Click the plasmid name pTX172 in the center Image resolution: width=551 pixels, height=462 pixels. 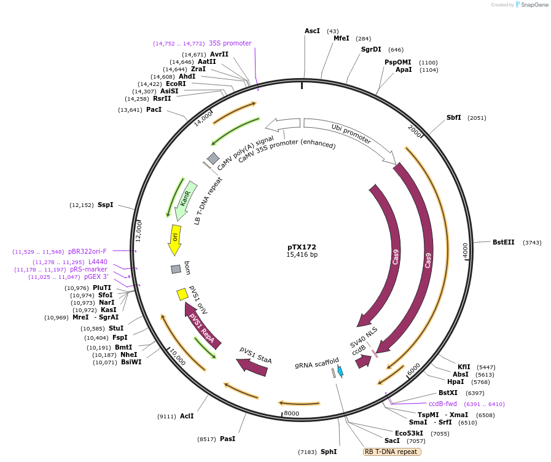pyautogui.click(x=302, y=247)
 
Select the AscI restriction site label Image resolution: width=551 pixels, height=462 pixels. pyautogui.click(x=312, y=31)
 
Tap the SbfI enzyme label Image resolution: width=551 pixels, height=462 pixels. pyautogui.click(x=454, y=117)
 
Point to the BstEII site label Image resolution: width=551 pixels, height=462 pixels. pyautogui.click(x=504, y=242)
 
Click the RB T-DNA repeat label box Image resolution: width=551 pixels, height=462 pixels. pyautogui.click(x=392, y=452)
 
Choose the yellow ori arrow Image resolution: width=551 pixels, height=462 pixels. pyautogui.click(x=174, y=240)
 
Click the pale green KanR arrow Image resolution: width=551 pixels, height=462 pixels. pyautogui.click(x=185, y=200)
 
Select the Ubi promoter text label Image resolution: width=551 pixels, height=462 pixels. pyautogui.click(x=351, y=135)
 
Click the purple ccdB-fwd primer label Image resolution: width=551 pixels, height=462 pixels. pyautogui.click(x=442, y=404)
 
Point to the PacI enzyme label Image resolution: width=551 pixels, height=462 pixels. pyautogui.click(x=154, y=109)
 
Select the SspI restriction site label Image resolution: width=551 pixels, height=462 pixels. pyautogui.click(x=105, y=205)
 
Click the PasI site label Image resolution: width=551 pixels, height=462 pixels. pyautogui.click(x=227, y=439)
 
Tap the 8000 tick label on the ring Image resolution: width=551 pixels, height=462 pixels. pyautogui.click(x=292, y=413)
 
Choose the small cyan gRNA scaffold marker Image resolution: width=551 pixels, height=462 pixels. pyautogui.click(x=340, y=370)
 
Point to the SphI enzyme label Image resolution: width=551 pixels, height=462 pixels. pyautogui.click(x=329, y=452)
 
